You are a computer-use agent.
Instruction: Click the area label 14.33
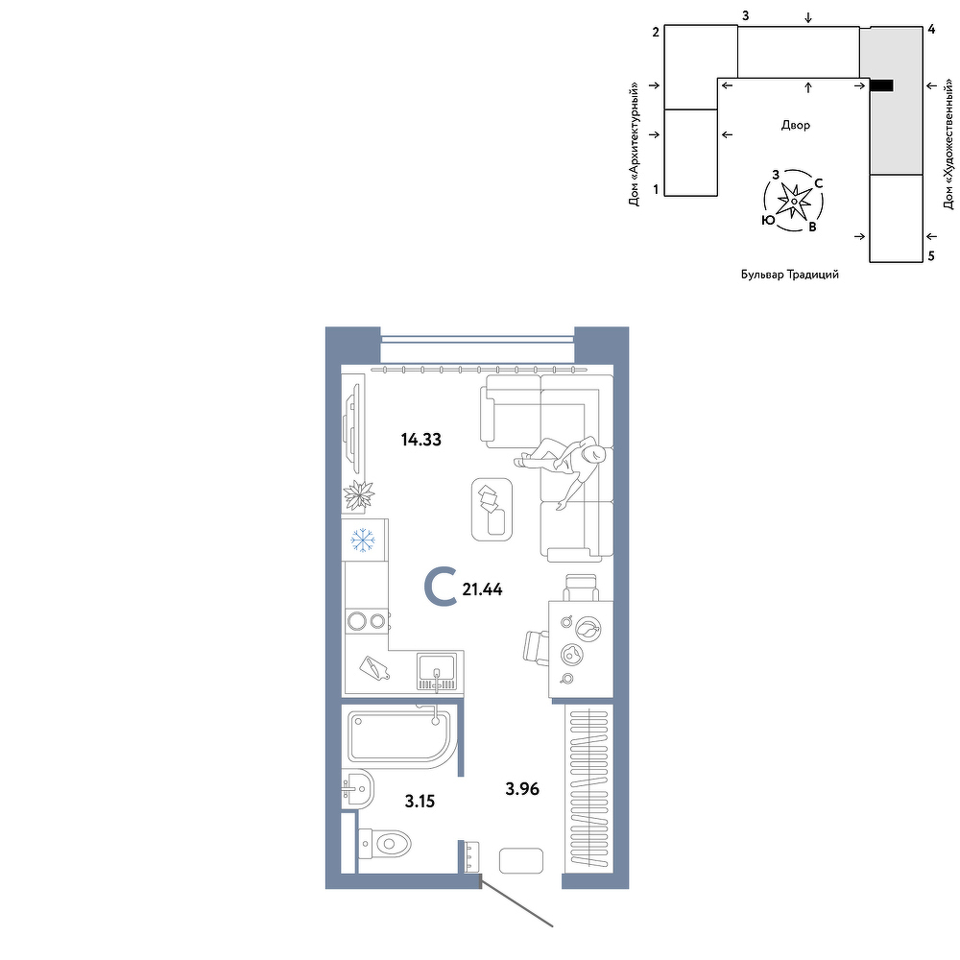point(421,440)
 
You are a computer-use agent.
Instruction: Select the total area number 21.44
point(483,589)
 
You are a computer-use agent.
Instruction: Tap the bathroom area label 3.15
point(420,801)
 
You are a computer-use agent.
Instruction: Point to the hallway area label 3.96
point(522,788)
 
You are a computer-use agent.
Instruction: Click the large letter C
point(441,587)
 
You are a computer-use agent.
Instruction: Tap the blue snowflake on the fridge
point(363,540)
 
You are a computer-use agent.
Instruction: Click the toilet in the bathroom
point(384,844)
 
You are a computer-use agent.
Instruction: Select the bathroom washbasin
point(357,790)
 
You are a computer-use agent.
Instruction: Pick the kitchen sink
point(437,672)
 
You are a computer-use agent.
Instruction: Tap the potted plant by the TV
point(359,494)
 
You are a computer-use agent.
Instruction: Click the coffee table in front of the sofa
point(492,510)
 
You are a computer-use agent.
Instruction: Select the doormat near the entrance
point(521,861)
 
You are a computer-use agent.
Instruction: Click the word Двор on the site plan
point(795,126)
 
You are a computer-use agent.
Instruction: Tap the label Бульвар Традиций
point(790,275)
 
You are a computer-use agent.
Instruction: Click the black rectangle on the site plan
point(881,85)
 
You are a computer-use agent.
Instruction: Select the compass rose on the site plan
point(793,201)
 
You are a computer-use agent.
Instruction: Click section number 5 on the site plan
point(931,256)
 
